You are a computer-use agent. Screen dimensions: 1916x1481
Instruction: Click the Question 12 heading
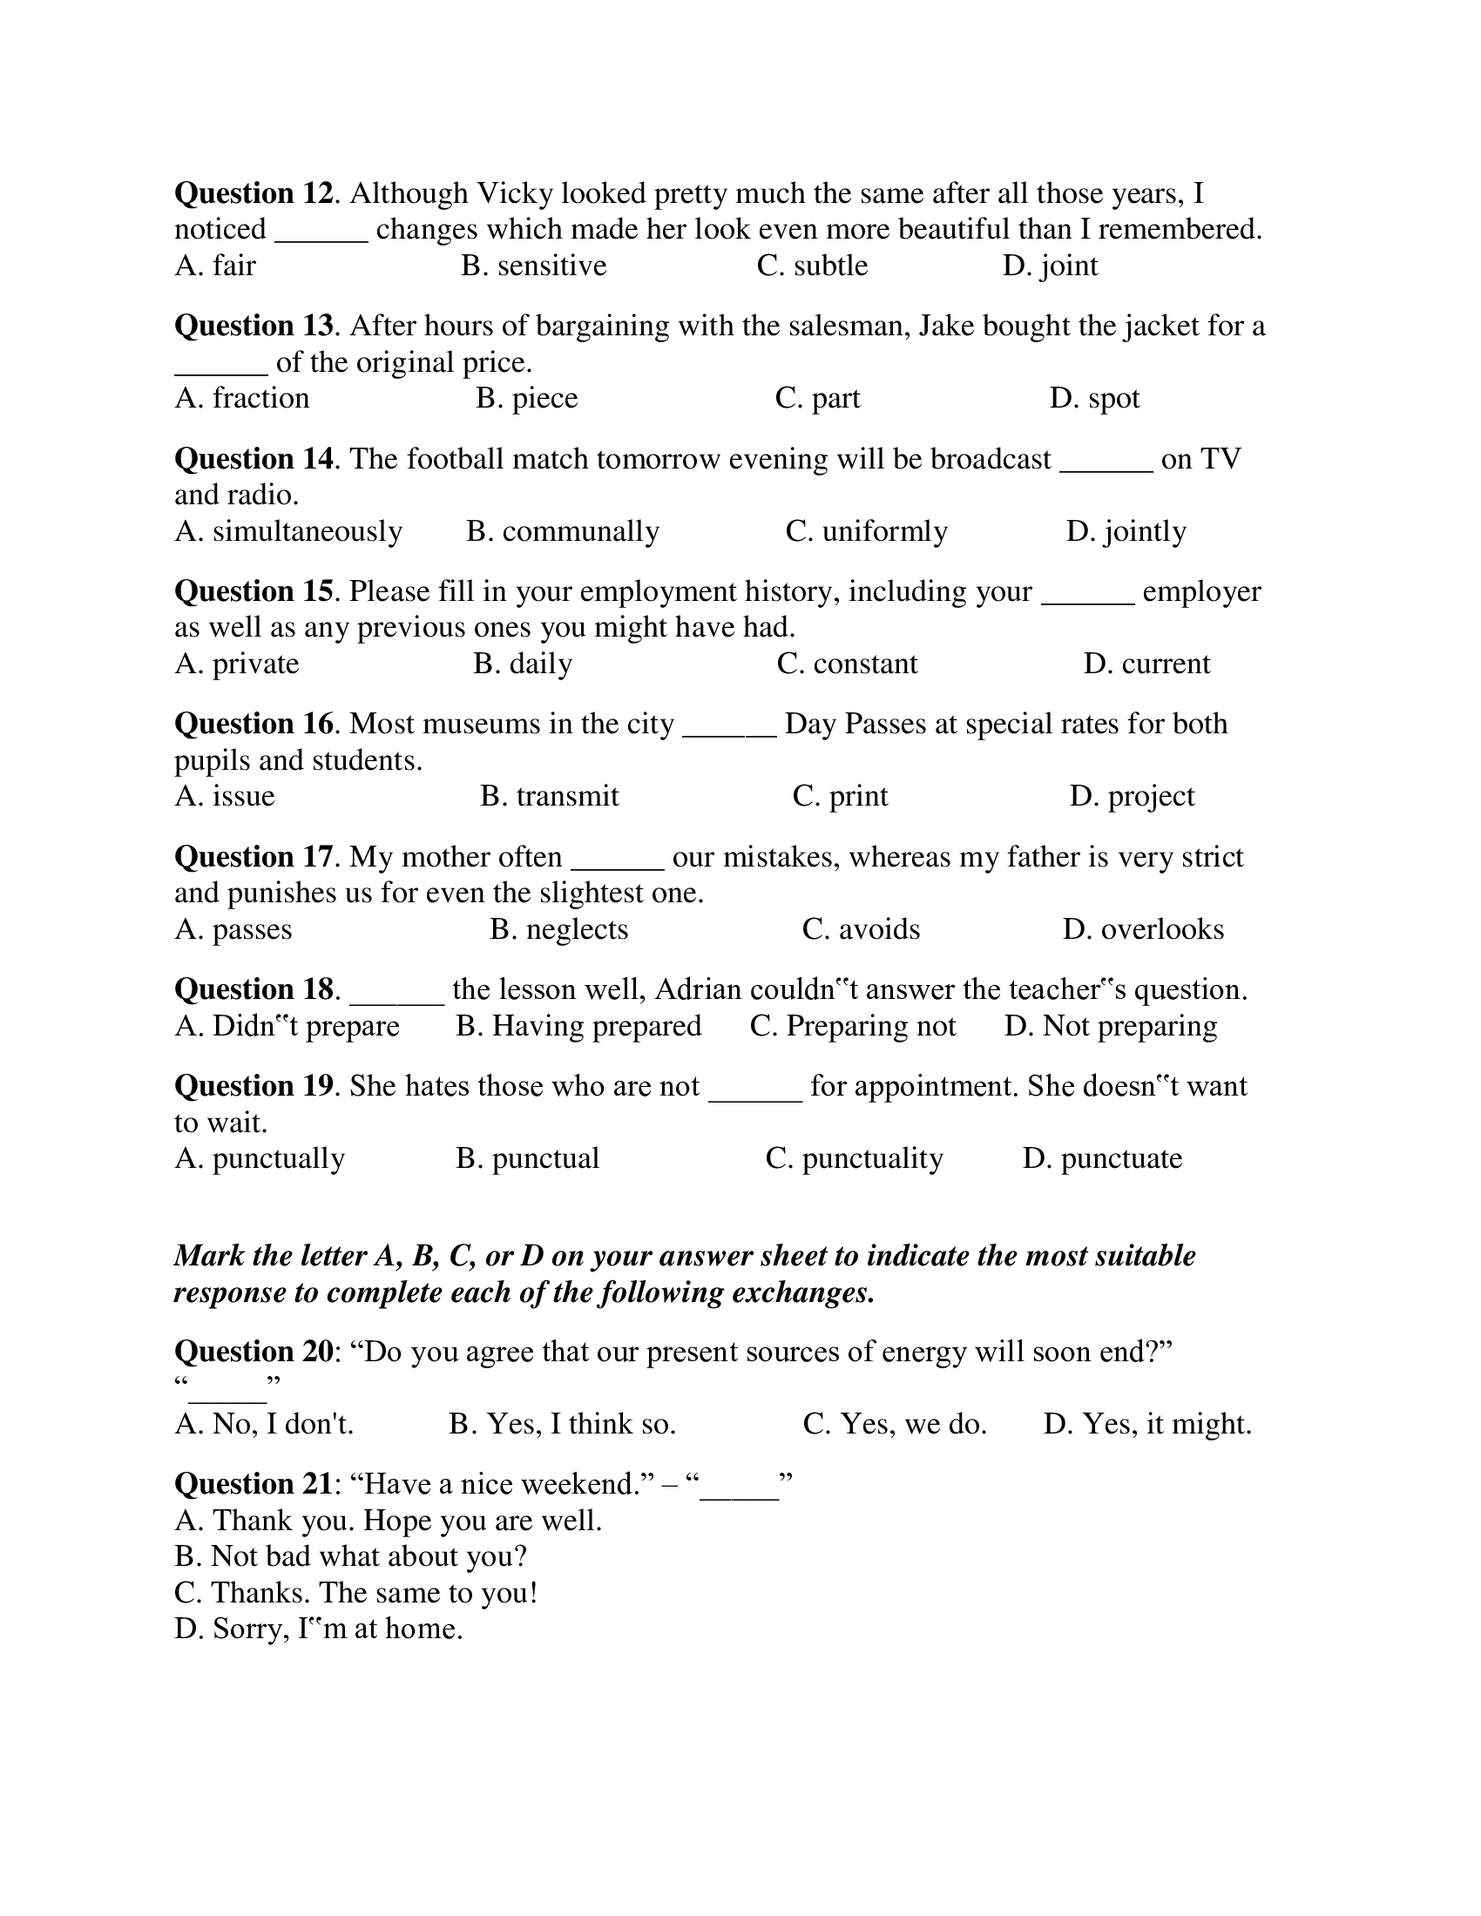[x=254, y=193]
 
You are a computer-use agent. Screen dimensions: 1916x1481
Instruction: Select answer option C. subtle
[x=812, y=266]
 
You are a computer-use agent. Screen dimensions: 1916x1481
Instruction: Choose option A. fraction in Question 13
[x=242, y=398]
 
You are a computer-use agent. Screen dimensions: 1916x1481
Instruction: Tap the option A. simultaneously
[x=287, y=531]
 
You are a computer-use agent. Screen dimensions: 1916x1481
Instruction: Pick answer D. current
[x=1146, y=665]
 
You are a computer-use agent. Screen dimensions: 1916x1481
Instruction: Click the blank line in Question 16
[x=728, y=725]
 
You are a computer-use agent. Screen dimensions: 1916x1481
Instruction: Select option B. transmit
[x=549, y=797]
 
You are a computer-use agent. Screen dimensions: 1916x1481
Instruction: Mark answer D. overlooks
[x=1142, y=930]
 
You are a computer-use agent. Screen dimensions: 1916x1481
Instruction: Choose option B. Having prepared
[x=578, y=1027]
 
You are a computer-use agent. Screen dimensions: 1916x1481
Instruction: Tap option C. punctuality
[x=854, y=1159]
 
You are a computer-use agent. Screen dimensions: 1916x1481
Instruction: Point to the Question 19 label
[x=254, y=1087]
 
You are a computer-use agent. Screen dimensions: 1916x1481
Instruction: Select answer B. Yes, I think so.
[x=563, y=1424]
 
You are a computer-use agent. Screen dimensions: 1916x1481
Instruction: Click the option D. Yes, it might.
[x=1146, y=1424]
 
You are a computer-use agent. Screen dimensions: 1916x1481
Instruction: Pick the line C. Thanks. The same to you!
[x=355, y=1593]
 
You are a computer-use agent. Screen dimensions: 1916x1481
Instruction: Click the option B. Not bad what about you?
[x=351, y=1557]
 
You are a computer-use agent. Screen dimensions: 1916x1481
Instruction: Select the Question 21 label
[x=254, y=1484]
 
